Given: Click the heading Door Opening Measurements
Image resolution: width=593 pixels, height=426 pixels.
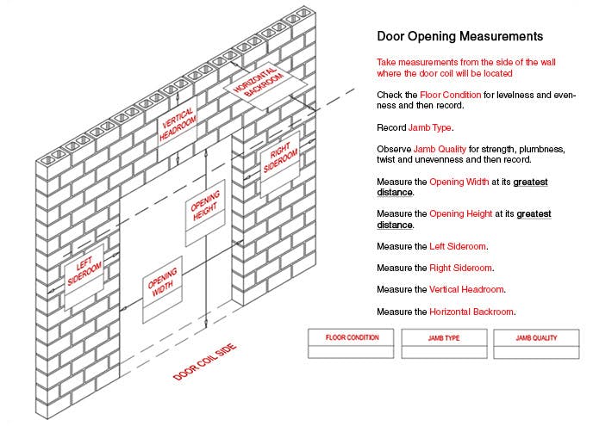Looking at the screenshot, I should click(x=459, y=37).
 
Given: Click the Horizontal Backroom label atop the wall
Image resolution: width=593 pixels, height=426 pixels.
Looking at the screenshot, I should click(x=263, y=82).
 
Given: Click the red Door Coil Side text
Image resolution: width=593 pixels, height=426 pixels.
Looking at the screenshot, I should click(x=204, y=362).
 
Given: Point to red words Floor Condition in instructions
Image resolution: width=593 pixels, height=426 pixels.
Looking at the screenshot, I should click(x=451, y=94).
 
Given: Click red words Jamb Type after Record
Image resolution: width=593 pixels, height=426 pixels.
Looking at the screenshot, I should click(x=433, y=127).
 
